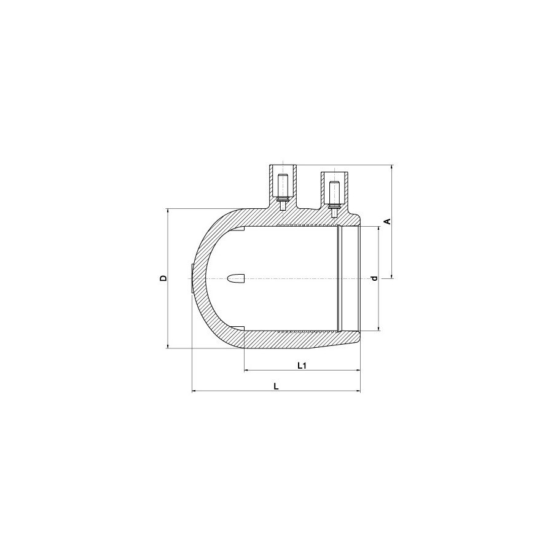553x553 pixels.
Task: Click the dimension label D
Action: tap(163, 278)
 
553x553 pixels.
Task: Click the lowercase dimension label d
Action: tap(375, 278)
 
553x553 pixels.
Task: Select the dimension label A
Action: tap(388, 221)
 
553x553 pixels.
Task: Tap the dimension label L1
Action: tap(302, 366)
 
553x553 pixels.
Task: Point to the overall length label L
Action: tap(276, 386)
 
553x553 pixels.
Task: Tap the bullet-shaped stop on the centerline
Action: tap(237, 278)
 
